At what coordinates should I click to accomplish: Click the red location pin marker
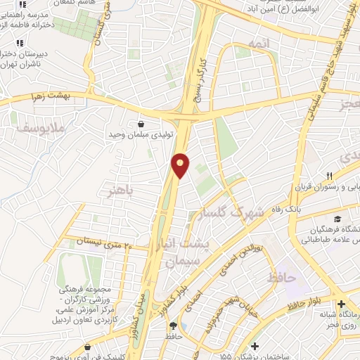click(181, 165)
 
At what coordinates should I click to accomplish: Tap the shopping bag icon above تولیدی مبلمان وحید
click(141, 124)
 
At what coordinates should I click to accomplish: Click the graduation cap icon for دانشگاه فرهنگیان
click(340, 219)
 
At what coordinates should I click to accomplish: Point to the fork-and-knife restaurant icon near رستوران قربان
click(328, 175)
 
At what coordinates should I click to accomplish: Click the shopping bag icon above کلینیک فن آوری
click(86, 347)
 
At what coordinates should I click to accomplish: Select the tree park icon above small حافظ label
click(173, 326)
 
